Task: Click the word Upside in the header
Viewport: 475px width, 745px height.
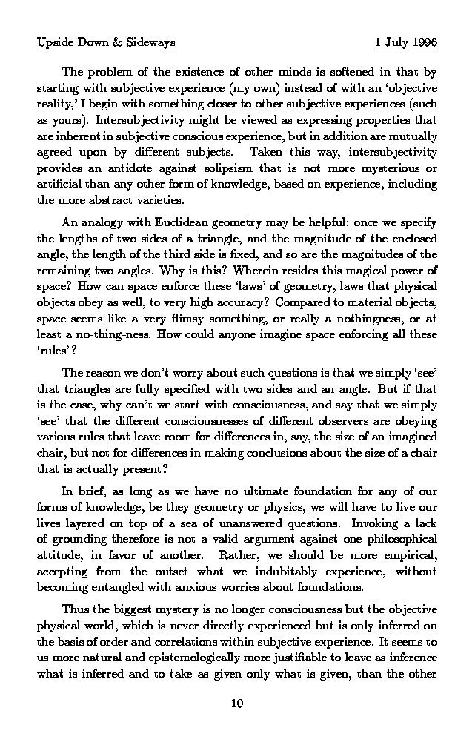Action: (x=54, y=43)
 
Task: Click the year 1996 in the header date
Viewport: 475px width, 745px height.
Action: (x=423, y=43)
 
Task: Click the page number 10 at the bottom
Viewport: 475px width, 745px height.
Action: (x=237, y=703)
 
